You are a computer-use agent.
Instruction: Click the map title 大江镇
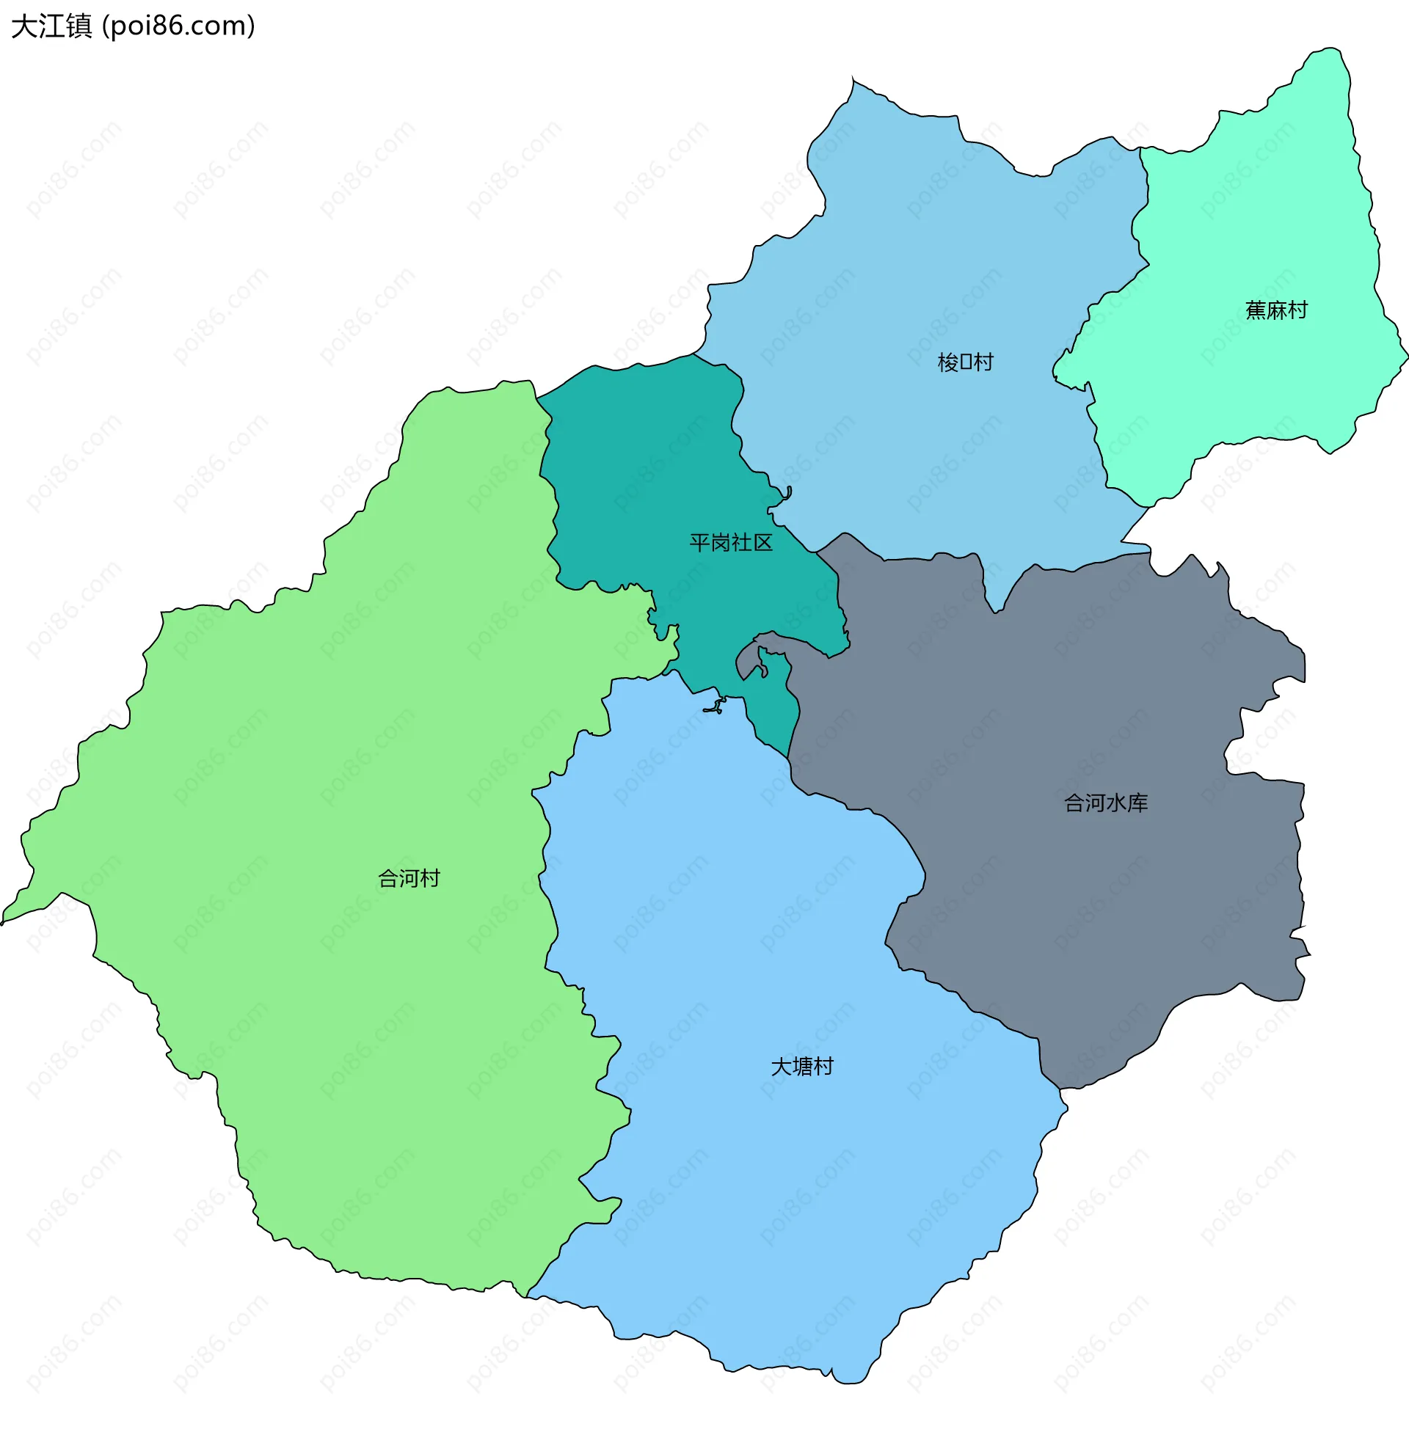click(x=52, y=26)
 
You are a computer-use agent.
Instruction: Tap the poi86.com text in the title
click(x=178, y=26)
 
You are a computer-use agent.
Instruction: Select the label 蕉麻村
click(x=1275, y=310)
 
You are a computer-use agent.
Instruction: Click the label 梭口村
click(x=965, y=362)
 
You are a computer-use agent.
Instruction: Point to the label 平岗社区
click(x=730, y=543)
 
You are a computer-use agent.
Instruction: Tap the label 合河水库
click(x=1106, y=803)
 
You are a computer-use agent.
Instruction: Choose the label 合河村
click(x=409, y=878)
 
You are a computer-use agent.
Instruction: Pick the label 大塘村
click(x=802, y=1066)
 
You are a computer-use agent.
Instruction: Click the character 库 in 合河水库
click(x=1138, y=803)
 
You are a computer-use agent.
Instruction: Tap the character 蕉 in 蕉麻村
click(x=1255, y=310)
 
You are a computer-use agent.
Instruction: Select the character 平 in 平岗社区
click(x=699, y=543)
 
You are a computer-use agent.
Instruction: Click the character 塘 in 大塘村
click(x=802, y=1066)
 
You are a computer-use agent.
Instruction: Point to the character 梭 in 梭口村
click(x=947, y=362)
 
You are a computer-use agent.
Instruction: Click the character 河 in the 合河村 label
click(x=409, y=878)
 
